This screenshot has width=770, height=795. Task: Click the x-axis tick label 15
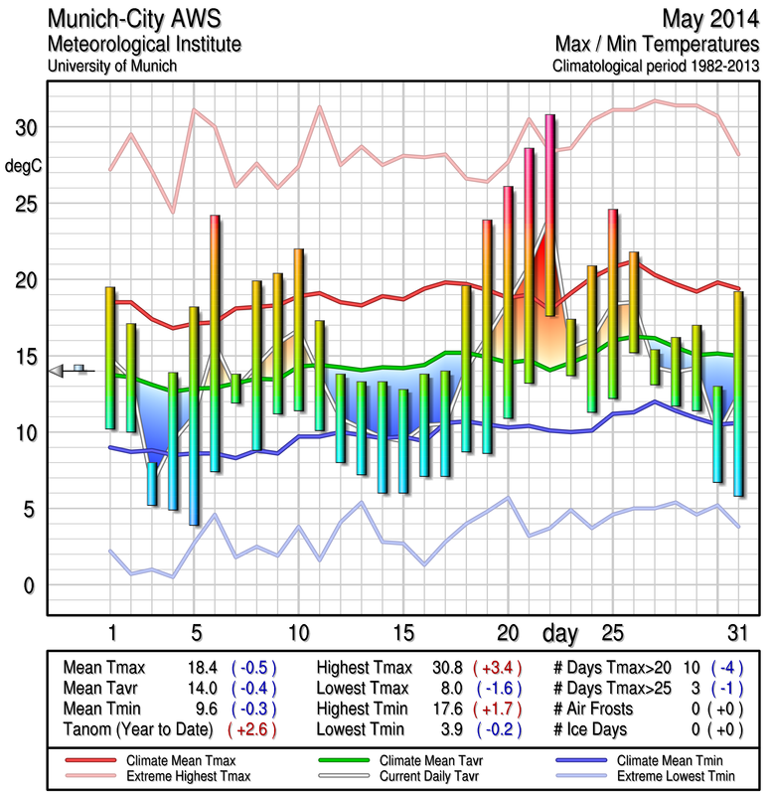point(402,633)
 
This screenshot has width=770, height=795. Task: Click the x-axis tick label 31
point(736,633)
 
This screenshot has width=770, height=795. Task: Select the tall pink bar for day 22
point(550,216)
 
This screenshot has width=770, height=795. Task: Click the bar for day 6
point(215,343)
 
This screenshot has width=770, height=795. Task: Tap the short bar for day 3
point(152,484)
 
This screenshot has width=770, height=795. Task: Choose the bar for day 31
point(738,394)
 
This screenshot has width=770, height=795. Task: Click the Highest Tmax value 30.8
point(439,668)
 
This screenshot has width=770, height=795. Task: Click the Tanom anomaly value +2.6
point(252,728)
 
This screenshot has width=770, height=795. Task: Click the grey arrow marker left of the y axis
point(57,371)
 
